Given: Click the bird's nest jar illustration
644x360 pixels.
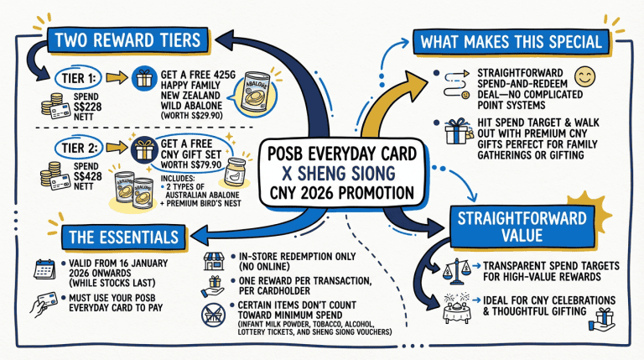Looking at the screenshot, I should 236,175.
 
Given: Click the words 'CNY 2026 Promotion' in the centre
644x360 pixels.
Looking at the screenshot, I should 341,192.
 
